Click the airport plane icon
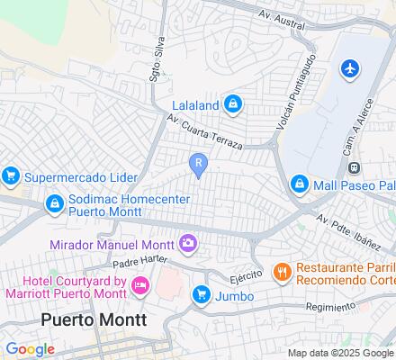tap(350, 68)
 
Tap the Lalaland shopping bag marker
tap(233, 105)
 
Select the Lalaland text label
tap(195, 105)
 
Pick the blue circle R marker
tap(197, 162)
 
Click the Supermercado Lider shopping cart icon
tap(11, 175)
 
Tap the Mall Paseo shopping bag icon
tap(299, 185)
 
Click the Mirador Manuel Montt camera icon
tap(188, 241)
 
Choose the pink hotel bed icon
tap(140, 285)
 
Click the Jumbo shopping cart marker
tap(202, 294)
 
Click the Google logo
tap(30, 348)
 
